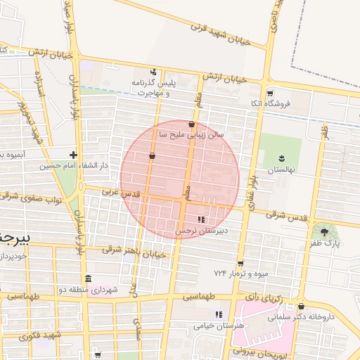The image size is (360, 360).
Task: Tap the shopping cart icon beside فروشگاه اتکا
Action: click(x=270, y=93)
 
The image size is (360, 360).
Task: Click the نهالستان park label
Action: click(x=281, y=170)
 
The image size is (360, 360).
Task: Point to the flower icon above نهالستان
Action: click(x=281, y=157)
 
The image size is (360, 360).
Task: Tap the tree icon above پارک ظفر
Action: click(x=323, y=231)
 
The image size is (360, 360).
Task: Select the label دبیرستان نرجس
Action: click(x=202, y=231)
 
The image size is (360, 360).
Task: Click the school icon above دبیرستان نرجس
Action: click(x=202, y=219)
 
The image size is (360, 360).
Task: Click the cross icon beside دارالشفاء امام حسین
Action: click(x=73, y=154)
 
